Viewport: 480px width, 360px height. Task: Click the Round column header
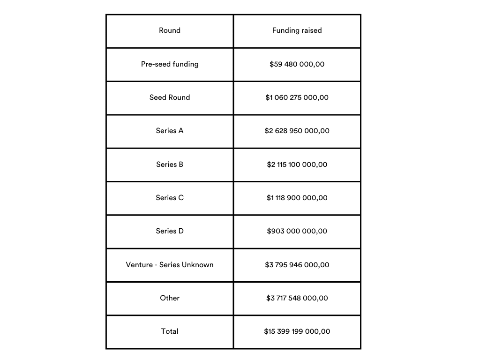170,30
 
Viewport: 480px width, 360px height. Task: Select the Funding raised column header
297,30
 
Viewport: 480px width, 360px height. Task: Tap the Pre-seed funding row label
170,64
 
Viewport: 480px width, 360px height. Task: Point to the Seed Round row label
170,97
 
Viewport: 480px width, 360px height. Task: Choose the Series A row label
170,131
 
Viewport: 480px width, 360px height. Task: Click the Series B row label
170,165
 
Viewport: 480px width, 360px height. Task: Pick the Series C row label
170,198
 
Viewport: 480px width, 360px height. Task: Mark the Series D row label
170,231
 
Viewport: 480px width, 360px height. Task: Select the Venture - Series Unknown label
170,265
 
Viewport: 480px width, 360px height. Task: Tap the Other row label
170,298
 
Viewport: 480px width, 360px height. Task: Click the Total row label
170,331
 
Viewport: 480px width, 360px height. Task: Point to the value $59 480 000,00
297,64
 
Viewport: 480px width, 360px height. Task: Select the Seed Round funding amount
297,97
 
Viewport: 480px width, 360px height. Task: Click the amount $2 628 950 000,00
297,131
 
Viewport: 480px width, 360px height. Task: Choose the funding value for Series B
297,165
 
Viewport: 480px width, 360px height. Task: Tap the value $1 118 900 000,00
297,198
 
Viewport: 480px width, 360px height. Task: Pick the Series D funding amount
297,231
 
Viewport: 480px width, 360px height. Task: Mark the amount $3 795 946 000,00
297,265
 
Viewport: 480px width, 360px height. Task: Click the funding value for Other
297,298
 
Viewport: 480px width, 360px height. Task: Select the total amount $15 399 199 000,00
297,331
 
